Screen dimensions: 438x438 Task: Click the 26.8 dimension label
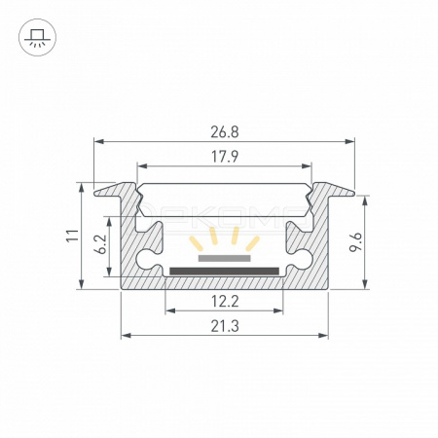coord(225,132)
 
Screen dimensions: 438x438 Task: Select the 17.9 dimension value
coord(225,157)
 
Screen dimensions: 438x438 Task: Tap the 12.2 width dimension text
coord(225,302)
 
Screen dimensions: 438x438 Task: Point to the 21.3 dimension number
coord(225,326)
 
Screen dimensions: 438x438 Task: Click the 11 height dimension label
coord(73,236)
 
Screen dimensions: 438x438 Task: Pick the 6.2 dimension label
coord(101,244)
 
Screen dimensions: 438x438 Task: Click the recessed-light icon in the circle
coord(38,37)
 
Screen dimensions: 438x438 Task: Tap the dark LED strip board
coord(224,271)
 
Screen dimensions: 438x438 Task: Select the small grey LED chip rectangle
coord(225,258)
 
